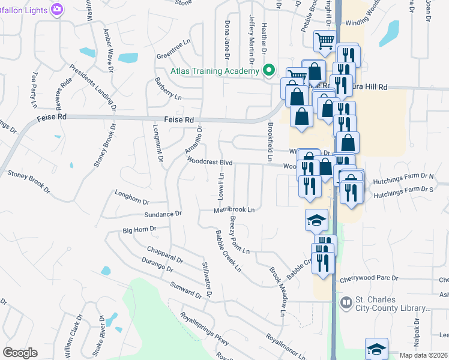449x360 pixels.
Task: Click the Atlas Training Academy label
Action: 214,71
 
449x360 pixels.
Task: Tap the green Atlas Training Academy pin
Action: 270,71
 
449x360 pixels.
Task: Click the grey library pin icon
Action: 345,302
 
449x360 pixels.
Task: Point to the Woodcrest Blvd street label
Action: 209,161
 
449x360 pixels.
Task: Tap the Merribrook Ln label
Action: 235,210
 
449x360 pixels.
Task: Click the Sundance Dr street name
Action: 163,214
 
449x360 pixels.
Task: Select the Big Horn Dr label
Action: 139,229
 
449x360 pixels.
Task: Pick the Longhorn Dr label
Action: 131,195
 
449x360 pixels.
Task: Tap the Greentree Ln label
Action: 173,56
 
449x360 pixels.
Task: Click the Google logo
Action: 20,353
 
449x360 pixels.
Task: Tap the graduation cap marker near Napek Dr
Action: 376,347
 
